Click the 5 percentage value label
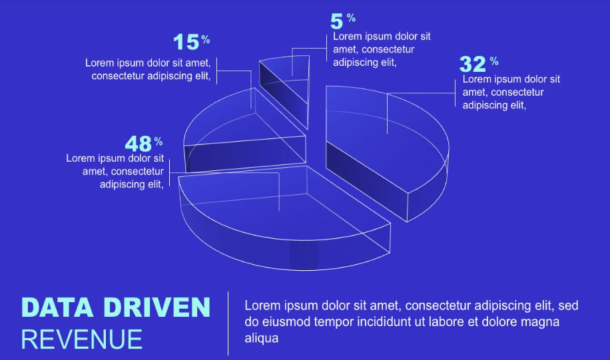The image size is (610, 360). tap(342, 21)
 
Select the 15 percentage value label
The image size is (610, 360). tap(191, 42)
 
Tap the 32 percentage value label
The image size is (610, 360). tap(479, 64)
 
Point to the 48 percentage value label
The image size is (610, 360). tap(144, 144)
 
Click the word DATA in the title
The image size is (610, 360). tap(57, 307)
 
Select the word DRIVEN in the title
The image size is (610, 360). tap(157, 307)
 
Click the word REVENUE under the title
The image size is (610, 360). tap(82, 339)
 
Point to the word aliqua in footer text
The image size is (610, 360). tap(262, 338)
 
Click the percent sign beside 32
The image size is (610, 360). tap(494, 61)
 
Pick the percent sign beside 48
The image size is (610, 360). tap(158, 141)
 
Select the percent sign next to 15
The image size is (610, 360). tap(205, 39)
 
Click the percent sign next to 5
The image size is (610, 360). tap(352, 17)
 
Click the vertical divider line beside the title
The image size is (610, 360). tap(228, 323)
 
